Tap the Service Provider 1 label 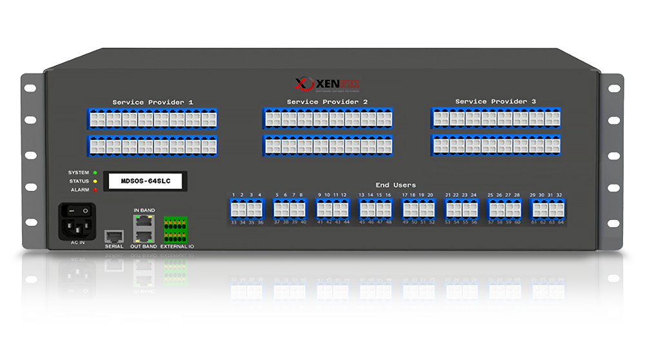(x=152, y=102)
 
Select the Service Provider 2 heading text (x=327, y=102)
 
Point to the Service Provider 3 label (x=495, y=101)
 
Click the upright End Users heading (x=396, y=185)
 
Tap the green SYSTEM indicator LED (x=95, y=173)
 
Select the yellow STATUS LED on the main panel (x=95, y=181)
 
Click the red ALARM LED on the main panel (x=95, y=190)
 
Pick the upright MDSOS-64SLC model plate (x=145, y=181)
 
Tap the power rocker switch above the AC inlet (x=77, y=211)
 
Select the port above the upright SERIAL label (x=114, y=235)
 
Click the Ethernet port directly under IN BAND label (x=144, y=221)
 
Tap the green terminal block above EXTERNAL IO (x=176, y=229)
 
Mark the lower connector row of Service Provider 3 (x=495, y=145)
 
